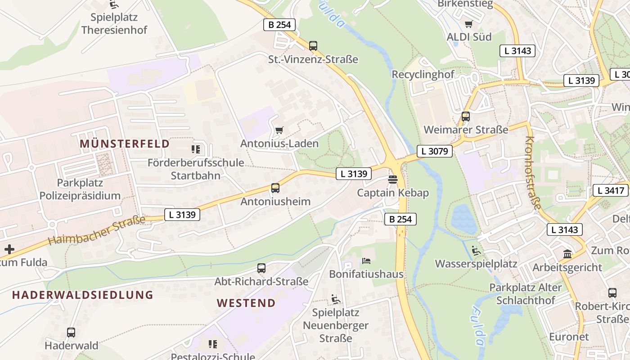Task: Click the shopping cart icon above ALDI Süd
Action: tap(469, 24)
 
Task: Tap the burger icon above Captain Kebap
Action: tap(392, 180)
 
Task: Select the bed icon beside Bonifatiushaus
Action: tap(366, 261)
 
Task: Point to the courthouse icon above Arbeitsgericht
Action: tap(567, 254)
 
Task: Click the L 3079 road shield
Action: tap(435, 151)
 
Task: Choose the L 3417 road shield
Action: tap(611, 190)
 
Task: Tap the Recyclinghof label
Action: tap(423, 74)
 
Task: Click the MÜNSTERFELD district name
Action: tap(125, 144)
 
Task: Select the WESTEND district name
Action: tap(246, 303)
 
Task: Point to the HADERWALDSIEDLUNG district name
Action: tap(83, 295)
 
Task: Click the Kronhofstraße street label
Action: tap(533, 173)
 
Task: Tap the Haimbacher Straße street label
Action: tap(97, 230)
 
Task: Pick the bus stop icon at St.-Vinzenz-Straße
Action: tap(313, 45)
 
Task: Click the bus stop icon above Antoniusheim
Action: tap(275, 188)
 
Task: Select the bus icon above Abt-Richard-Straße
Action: tap(261, 268)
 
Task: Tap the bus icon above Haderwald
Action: tap(71, 333)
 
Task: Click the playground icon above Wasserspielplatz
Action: tap(476, 251)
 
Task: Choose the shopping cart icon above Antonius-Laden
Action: tap(279, 130)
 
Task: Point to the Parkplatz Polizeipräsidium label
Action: tap(80, 189)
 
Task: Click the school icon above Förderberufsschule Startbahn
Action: tap(196, 149)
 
